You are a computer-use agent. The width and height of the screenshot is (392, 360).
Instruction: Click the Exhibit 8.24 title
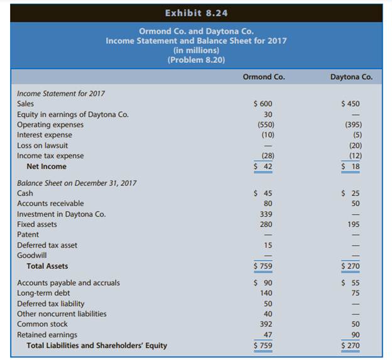click(195, 13)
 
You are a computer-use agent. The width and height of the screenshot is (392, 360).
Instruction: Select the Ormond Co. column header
click(263, 77)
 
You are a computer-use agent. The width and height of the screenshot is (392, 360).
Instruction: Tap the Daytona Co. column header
click(351, 77)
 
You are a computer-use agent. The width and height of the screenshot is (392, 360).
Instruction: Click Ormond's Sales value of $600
click(263, 104)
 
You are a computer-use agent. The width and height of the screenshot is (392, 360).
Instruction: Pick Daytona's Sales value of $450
click(350, 104)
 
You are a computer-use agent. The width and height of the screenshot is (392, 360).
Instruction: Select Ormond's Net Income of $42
click(263, 166)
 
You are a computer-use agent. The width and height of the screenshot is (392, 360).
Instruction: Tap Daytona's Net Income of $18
click(351, 166)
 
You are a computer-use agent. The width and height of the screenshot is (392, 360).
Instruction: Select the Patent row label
click(28, 235)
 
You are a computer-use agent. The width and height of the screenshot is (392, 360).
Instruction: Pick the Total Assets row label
click(48, 266)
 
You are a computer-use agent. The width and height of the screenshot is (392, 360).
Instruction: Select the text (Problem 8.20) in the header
click(195, 60)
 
